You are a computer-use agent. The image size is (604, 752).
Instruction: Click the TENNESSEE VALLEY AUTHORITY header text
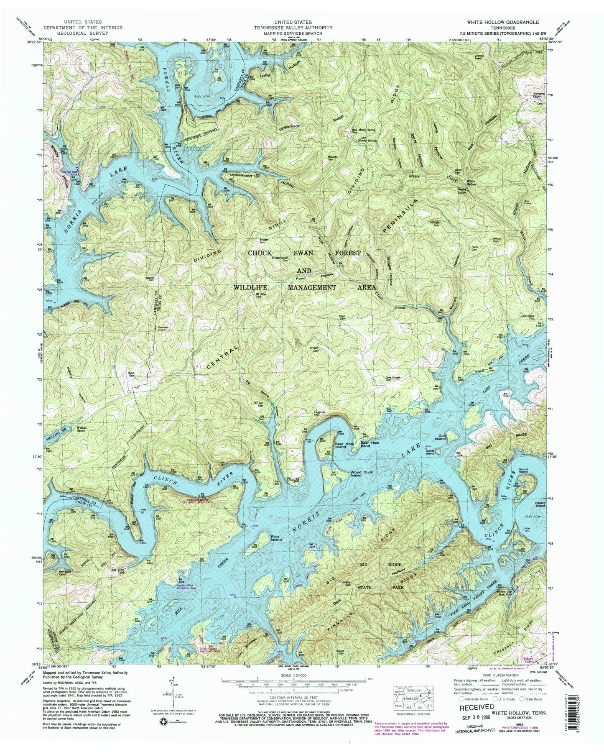click(303, 27)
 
